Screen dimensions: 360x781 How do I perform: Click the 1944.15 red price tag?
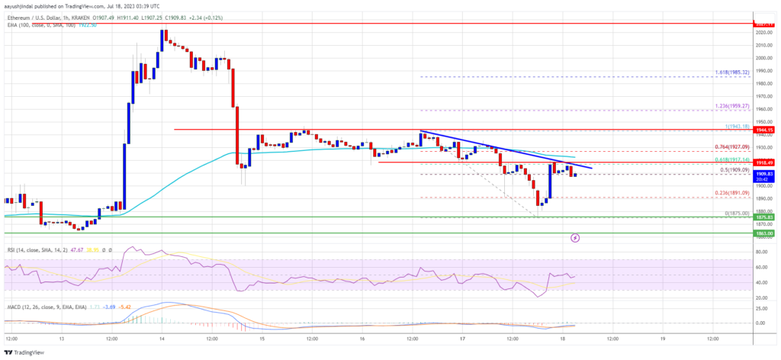pyautogui.click(x=763, y=130)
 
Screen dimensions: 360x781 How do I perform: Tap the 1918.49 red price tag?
pyautogui.click(x=763, y=162)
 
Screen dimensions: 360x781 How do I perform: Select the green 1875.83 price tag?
pyautogui.click(x=763, y=217)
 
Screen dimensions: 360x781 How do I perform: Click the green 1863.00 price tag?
pyautogui.click(x=763, y=233)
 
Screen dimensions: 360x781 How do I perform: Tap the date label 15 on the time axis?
pyautogui.click(x=262, y=337)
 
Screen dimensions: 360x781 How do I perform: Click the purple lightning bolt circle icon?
pyautogui.click(x=575, y=238)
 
